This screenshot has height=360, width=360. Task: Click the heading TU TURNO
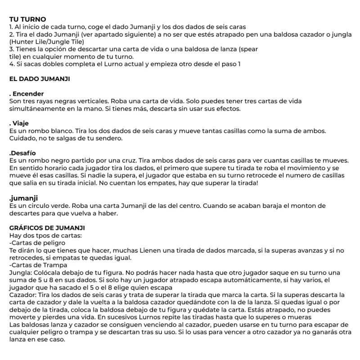(x=27, y=19)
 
